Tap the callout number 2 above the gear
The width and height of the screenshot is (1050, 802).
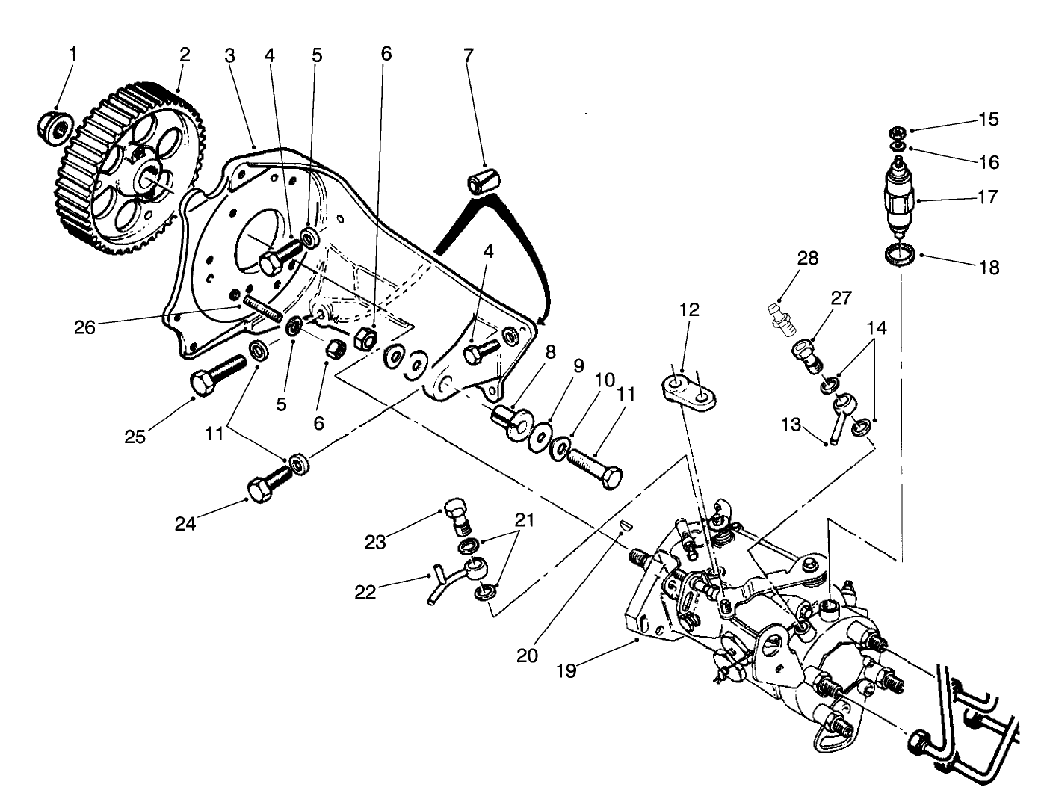tap(185, 55)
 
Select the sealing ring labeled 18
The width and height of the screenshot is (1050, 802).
tap(898, 254)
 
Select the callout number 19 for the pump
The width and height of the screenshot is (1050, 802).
tap(566, 670)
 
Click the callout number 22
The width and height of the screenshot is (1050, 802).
tap(365, 593)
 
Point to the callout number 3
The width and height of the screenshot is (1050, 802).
tap(229, 55)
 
